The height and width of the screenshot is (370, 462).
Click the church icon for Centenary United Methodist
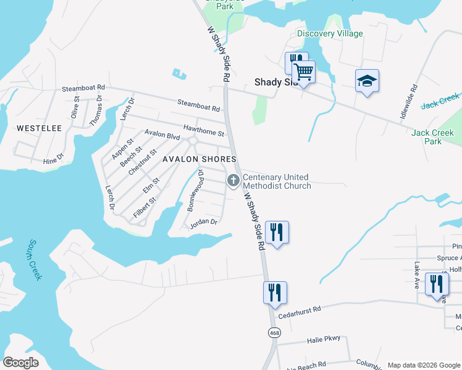tap(233, 181)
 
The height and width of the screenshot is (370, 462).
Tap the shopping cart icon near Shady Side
tap(303, 73)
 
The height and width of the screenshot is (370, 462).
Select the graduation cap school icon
tap(367, 81)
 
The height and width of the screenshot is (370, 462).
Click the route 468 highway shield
tap(273, 333)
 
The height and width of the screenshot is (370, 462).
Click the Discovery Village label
tap(330, 33)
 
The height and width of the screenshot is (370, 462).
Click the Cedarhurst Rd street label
tap(300, 310)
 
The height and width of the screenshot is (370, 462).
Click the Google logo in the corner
tap(21, 363)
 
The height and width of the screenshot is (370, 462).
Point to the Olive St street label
tap(75, 107)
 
